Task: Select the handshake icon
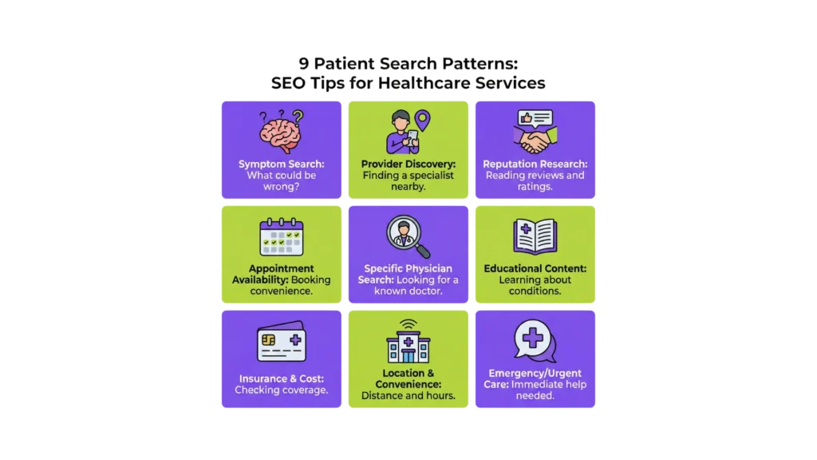tap(535, 141)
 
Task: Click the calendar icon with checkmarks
tap(281, 237)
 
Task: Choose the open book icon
tap(535, 236)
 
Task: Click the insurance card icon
tap(281, 343)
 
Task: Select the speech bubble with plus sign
tap(534, 341)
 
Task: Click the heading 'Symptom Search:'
tap(281, 165)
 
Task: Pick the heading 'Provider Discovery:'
tap(408, 165)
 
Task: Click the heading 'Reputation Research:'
tap(535, 165)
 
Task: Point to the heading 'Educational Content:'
tap(535, 268)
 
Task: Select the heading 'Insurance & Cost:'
tap(281, 379)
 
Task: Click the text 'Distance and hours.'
tap(408, 395)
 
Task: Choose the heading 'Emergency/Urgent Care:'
tap(535, 379)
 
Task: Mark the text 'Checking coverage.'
tap(281, 390)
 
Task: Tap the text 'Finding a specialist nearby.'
tap(408, 180)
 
